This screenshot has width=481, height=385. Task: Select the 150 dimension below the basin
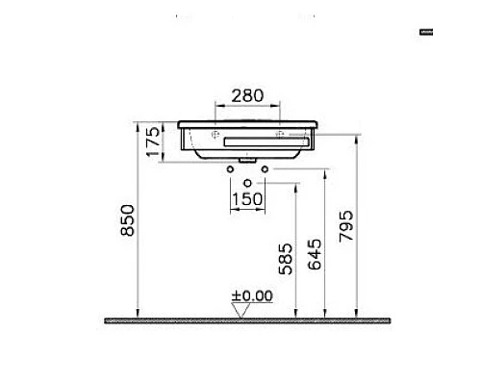click(x=248, y=198)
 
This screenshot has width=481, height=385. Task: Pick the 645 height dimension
click(x=315, y=253)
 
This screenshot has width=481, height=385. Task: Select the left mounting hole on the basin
click(x=216, y=133)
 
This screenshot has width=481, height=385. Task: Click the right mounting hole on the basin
click(x=280, y=133)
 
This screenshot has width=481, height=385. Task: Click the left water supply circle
click(x=231, y=170)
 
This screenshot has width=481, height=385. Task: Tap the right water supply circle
click(x=266, y=170)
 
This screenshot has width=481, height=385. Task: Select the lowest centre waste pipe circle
click(x=248, y=182)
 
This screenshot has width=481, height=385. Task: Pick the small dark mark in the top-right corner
click(x=426, y=33)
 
